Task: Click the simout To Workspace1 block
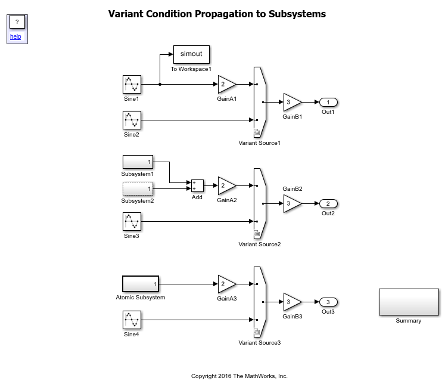coord(191,54)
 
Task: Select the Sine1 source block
coord(132,84)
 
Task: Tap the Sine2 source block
coord(132,120)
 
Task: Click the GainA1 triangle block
coord(226,84)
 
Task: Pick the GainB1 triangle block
coord(291,102)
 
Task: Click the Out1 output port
coord(328,102)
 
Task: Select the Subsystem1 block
coord(138,162)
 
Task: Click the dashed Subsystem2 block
coord(138,188)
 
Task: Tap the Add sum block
coord(197,185)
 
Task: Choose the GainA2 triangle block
coord(226,185)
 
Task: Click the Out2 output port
coord(328,203)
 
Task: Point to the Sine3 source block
coord(132,222)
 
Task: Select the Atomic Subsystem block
coord(141,284)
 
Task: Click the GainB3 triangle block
coord(291,302)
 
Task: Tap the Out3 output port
coord(328,302)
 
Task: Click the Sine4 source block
coord(132,320)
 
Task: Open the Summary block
coord(409,302)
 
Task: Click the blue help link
coord(15,36)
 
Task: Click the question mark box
coord(17,22)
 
